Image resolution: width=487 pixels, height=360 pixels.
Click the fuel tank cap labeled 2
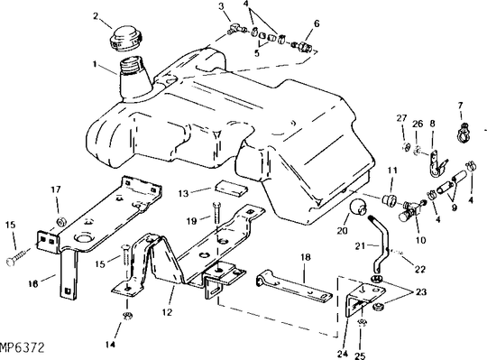[x=126, y=39]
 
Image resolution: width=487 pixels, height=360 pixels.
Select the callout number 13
[x=184, y=193]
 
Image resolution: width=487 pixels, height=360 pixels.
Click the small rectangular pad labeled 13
[x=231, y=188]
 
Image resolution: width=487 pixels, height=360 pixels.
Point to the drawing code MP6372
[x=22, y=347]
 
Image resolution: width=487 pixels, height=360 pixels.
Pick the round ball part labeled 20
[x=359, y=208]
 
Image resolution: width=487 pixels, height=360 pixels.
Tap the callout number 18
[x=306, y=257]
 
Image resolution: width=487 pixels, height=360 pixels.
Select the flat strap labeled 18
[x=294, y=286]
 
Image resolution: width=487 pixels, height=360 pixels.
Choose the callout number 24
[x=343, y=354]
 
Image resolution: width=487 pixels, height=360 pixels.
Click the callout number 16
[x=33, y=283]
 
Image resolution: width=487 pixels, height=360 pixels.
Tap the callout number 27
[x=401, y=118]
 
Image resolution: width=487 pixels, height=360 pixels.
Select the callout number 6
[x=317, y=23]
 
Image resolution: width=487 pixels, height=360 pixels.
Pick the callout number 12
[x=167, y=312]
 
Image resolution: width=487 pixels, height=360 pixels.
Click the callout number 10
[x=421, y=240]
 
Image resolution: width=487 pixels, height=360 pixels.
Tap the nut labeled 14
[x=127, y=316]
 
